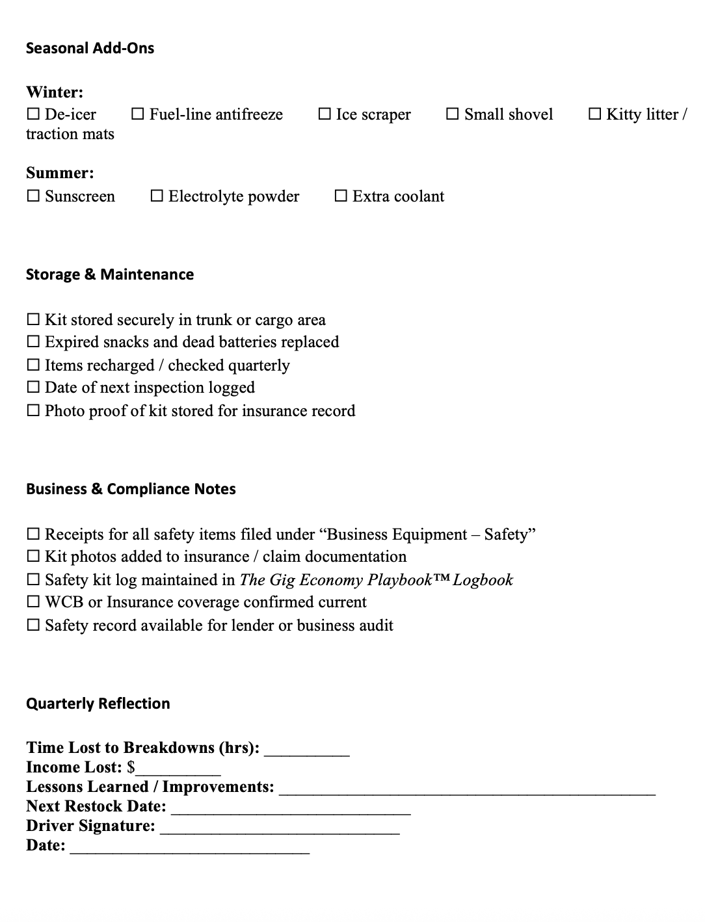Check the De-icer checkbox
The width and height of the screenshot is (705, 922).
[33, 114]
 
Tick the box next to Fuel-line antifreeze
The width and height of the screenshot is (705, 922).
[138, 114]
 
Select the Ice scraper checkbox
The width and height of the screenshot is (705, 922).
[325, 114]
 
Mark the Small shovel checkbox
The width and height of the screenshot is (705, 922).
[453, 114]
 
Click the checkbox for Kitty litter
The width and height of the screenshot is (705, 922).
[594, 114]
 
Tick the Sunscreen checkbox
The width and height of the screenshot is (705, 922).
[33, 196]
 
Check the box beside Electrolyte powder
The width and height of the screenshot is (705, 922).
[157, 196]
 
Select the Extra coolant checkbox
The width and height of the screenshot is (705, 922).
[341, 196]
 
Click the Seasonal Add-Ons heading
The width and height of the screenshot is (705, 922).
[90, 48]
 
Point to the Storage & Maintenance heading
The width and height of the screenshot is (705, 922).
[110, 274]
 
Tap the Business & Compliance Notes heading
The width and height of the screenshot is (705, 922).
[131, 489]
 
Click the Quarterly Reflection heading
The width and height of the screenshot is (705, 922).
[98, 704]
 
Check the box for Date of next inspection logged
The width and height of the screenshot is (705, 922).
[33, 388]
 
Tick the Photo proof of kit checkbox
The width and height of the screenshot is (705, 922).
[33, 411]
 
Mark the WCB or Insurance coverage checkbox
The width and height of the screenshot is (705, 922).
[33, 602]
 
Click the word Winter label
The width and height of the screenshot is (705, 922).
[55, 92]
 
